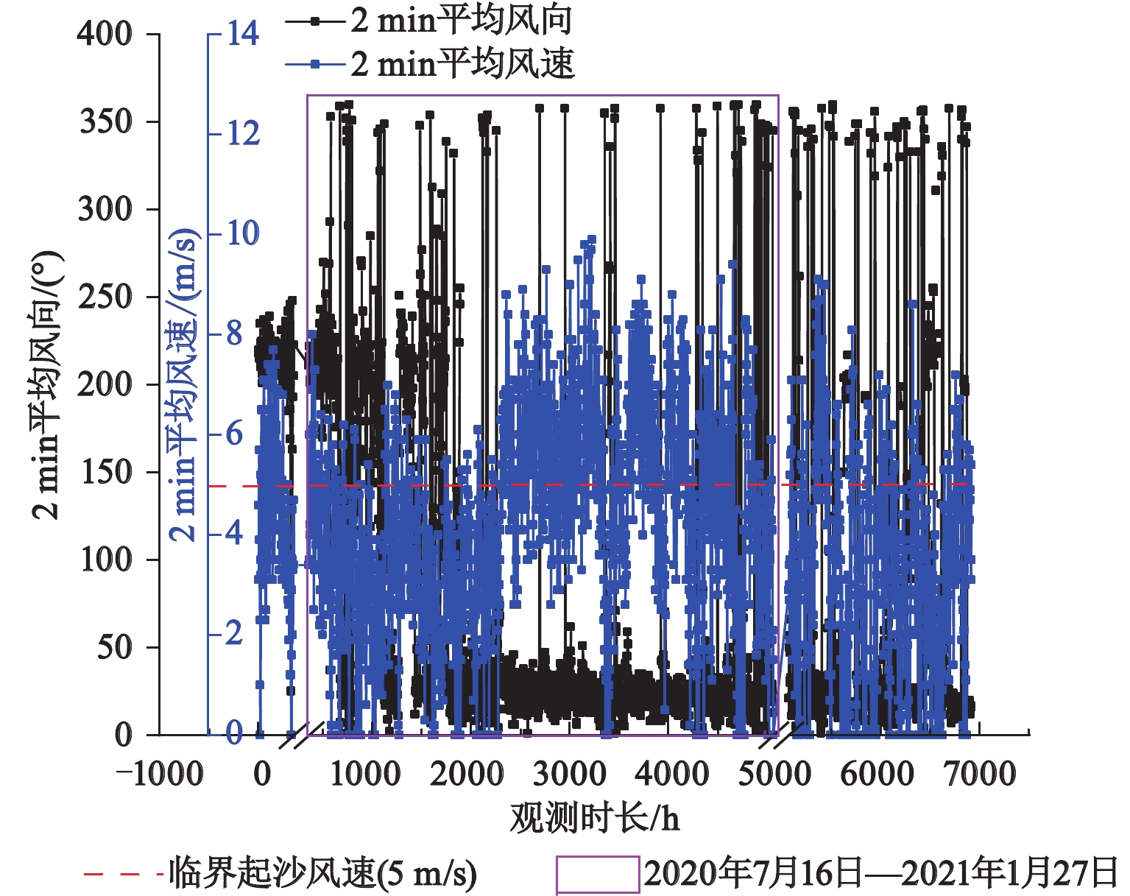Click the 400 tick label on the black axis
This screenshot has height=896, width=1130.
105,34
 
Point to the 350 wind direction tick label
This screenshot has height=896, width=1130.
105,121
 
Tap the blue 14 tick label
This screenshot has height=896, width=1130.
242,34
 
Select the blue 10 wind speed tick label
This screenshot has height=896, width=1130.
242,233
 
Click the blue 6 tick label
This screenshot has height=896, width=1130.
234,434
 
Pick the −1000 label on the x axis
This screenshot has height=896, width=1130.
159,775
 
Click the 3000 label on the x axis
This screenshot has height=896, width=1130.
569,775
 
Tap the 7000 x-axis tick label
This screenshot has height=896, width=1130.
979,775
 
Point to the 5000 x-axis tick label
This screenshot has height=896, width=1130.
774,775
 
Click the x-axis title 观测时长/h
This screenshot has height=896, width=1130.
594,818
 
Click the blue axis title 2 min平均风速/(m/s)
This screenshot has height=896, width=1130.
184,384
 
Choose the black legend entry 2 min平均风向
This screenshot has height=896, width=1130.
461,21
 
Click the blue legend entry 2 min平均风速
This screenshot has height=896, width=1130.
461,64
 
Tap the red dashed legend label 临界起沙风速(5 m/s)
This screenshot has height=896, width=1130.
322,874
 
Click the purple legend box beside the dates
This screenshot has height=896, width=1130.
597,875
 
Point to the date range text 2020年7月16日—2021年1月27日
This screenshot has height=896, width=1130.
880,874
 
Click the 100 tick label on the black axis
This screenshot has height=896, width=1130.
105,560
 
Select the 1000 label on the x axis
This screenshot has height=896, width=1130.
364,775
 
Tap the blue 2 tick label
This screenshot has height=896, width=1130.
234,633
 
